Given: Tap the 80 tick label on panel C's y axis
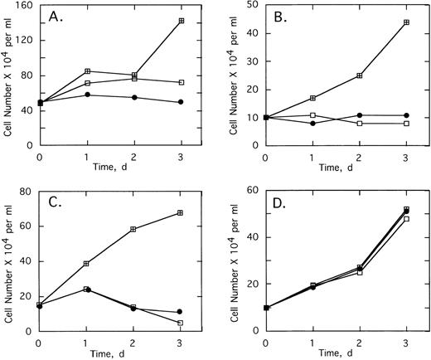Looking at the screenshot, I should (x=26, y=192).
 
